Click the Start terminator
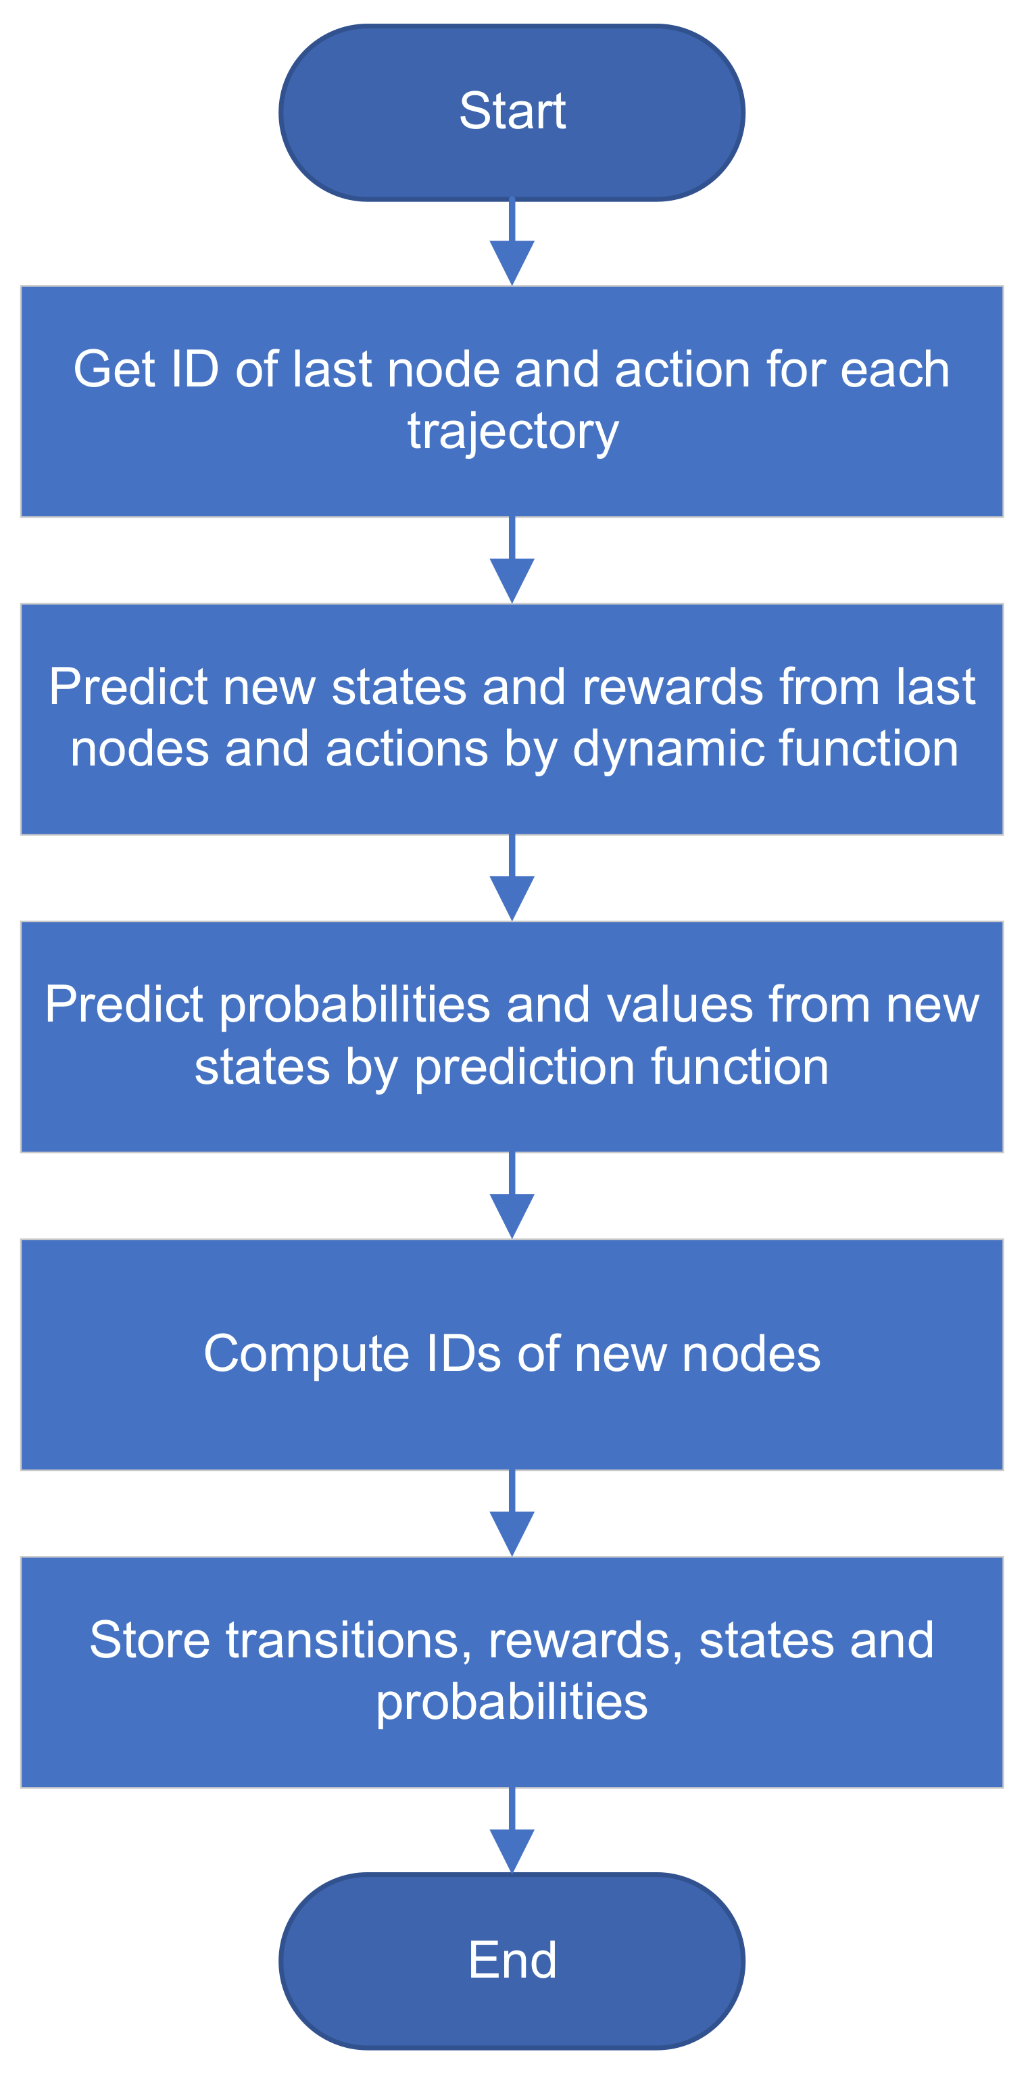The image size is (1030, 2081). [512, 112]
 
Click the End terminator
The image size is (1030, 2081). [512, 1961]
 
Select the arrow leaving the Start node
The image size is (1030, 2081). [512, 243]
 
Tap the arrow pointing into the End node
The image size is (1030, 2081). [512, 1832]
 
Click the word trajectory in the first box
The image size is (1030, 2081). [512, 431]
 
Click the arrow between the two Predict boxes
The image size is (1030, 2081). [512, 878]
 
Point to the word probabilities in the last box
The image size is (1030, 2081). [512, 1702]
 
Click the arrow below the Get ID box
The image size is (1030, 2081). [512, 561]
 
